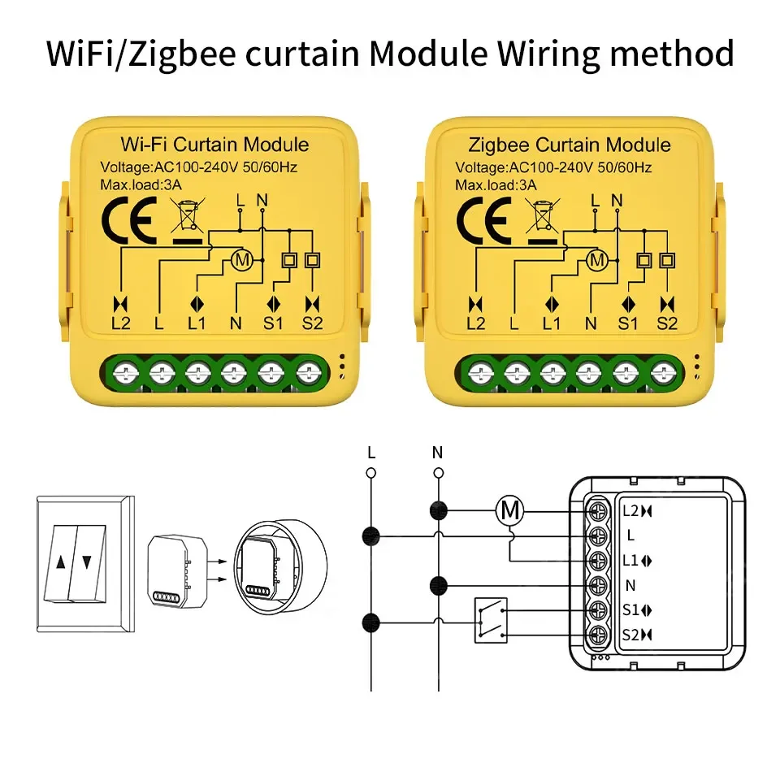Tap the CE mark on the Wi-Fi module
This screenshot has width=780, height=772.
pyautogui.click(x=128, y=219)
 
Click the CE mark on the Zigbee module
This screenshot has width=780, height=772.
pyautogui.click(x=484, y=219)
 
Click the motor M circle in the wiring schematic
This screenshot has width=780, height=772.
pyautogui.click(x=510, y=510)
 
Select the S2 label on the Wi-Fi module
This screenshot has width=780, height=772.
pyautogui.click(x=312, y=323)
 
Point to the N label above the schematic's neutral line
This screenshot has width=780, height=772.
pyautogui.click(x=437, y=452)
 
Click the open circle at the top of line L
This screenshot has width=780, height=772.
pyautogui.click(x=371, y=472)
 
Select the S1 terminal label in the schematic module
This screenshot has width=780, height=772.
pyautogui.click(x=632, y=610)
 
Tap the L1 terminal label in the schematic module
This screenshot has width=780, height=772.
pyautogui.click(x=632, y=561)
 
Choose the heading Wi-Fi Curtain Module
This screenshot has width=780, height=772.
pyautogui.click(x=214, y=145)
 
